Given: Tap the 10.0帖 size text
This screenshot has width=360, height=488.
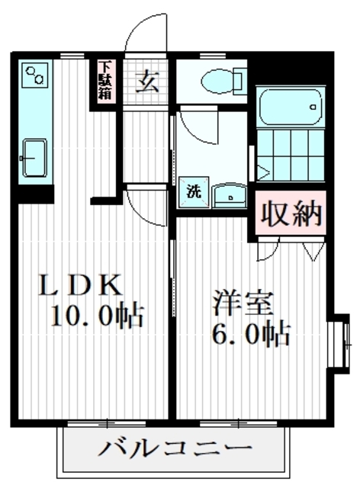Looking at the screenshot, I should pyautogui.click(x=97, y=315).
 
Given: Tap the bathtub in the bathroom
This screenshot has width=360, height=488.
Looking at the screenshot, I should pyautogui.click(x=293, y=109).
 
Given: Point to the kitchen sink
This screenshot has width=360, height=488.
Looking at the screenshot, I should pyautogui.click(x=34, y=158).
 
